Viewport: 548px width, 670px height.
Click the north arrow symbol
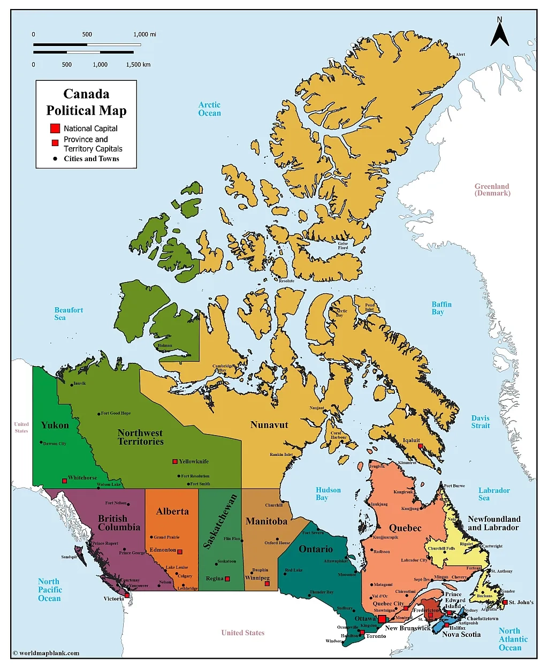click(x=500, y=33)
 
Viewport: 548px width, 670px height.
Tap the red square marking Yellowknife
click(x=174, y=461)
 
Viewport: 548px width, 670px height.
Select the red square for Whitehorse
click(x=64, y=481)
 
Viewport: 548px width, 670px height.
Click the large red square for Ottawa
click(x=382, y=619)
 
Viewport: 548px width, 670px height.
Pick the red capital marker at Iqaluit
click(x=420, y=446)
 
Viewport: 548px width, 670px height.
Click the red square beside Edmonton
click(x=180, y=552)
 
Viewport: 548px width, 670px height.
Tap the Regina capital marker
click(x=227, y=579)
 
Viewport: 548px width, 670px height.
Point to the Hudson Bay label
click(x=328, y=493)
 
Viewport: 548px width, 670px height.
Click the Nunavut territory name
click(x=269, y=425)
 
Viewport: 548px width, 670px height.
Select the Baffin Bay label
click(x=442, y=308)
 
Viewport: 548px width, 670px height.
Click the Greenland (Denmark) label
click(x=492, y=190)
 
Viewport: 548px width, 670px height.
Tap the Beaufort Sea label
click(x=68, y=314)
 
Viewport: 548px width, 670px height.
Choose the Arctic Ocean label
click(x=209, y=109)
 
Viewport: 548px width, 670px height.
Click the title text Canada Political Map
click(x=86, y=102)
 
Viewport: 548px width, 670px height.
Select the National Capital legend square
click(x=55, y=128)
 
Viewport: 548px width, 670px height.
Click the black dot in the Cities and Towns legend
click(x=55, y=159)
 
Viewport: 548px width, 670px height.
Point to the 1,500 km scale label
click(x=138, y=65)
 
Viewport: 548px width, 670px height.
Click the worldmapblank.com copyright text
click(x=46, y=653)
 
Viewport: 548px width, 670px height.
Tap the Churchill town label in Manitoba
click(x=273, y=505)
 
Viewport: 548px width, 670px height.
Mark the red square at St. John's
click(x=504, y=603)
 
